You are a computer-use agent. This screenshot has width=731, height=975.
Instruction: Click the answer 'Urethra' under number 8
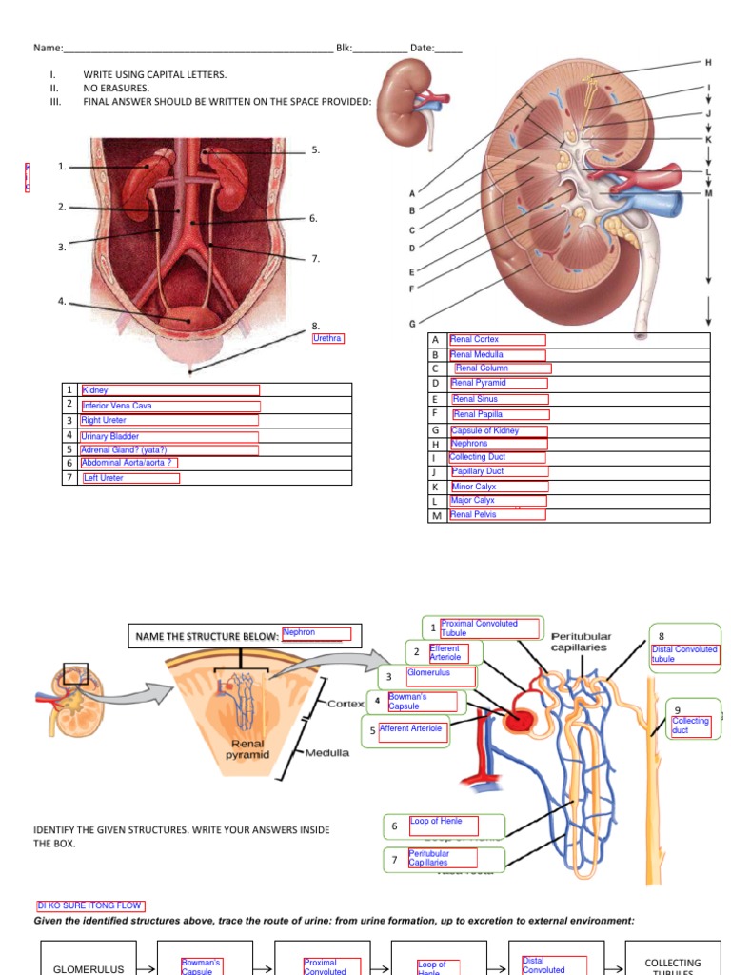[327, 338]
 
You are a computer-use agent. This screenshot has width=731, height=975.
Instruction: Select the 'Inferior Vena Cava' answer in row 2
[117, 406]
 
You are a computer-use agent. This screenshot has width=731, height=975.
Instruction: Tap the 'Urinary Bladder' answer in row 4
[110, 436]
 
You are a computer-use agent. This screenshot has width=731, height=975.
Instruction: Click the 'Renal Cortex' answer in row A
[475, 339]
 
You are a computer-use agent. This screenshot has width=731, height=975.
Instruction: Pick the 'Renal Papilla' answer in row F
[478, 414]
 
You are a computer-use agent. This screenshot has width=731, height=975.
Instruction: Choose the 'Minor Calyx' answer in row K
[474, 487]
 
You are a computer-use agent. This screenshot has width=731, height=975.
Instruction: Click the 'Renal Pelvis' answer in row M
[474, 514]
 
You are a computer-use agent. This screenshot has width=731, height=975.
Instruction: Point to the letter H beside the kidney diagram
[708, 62]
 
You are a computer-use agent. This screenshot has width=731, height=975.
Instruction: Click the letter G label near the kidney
[412, 324]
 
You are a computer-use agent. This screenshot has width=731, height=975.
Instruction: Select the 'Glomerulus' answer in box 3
[428, 672]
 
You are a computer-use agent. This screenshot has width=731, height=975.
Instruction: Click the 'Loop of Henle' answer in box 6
[437, 821]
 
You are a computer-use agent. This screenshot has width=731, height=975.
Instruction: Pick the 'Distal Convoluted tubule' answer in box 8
[683, 654]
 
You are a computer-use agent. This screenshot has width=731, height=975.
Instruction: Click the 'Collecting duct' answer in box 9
[690, 726]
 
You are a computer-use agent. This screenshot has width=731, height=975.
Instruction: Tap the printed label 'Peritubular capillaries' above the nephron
[581, 642]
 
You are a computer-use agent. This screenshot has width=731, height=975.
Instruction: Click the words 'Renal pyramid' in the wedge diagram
[246, 749]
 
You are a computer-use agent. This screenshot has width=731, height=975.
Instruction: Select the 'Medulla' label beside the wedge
[327, 752]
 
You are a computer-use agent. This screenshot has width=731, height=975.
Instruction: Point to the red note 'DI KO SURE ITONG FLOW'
[89, 905]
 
